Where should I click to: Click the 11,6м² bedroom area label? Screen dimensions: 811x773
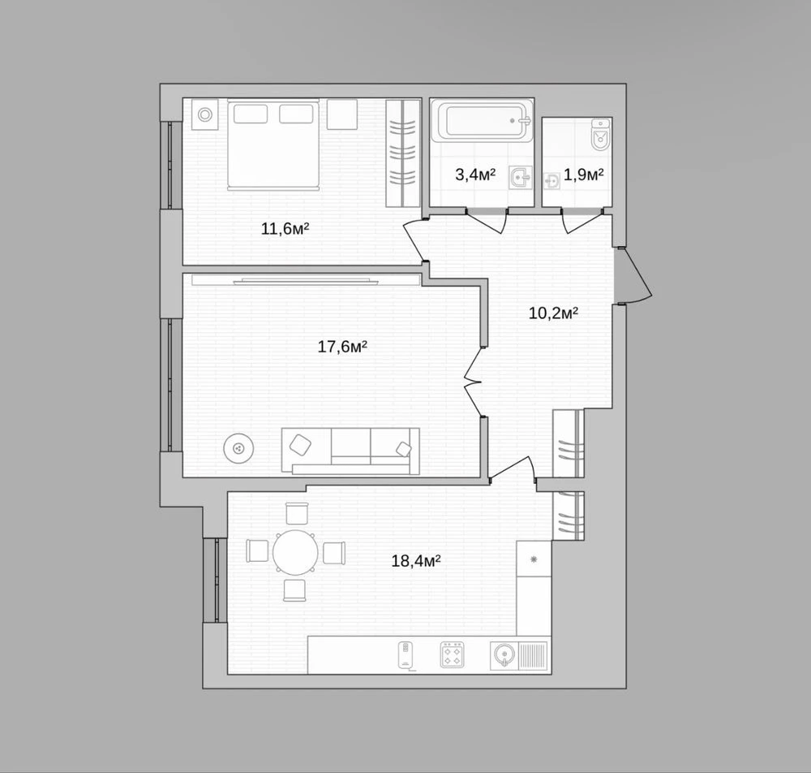[285, 228]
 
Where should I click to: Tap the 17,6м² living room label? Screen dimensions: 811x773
[342, 346]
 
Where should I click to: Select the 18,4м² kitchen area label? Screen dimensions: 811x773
[416, 560]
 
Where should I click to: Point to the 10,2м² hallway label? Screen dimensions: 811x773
[553, 313]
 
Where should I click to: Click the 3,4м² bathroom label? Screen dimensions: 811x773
[475, 175]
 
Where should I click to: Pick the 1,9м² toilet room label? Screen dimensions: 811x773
[583, 175]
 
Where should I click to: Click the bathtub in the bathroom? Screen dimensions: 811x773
[482, 121]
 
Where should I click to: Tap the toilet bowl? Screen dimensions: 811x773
[600, 134]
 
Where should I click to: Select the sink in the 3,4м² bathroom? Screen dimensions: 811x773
[521, 178]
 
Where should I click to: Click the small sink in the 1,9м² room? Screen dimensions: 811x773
[551, 181]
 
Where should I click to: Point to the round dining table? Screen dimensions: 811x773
[295, 552]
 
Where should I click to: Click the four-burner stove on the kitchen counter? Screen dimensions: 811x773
[452, 654]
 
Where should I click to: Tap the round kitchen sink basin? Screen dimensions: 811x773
[502, 655]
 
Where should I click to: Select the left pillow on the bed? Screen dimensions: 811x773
[251, 114]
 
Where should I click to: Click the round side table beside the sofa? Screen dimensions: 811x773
[238, 448]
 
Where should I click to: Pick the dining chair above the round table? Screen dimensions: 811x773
[297, 514]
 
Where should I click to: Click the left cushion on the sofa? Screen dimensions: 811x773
[301, 445]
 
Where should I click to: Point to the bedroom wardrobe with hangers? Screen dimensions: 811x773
[402, 153]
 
